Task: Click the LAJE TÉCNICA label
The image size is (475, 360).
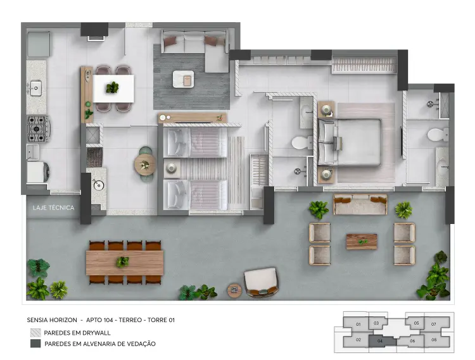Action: tap(53, 208)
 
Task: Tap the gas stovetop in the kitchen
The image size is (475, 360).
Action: tap(38, 129)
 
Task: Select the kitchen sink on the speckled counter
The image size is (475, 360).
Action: tap(35, 88)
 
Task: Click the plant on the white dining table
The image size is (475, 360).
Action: tap(112, 88)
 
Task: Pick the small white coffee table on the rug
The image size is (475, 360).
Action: tap(183, 79)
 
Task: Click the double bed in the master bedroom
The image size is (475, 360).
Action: tap(349, 142)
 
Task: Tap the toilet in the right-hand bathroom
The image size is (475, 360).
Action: tap(438, 135)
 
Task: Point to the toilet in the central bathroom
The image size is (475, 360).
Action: tap(302, 142)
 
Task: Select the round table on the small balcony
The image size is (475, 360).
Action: tap(146, 164)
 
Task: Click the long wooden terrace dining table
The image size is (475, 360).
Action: tap(125, 263)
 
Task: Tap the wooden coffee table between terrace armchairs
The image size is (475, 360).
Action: tap(362, 242)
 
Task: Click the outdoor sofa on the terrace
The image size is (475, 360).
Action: tap(360, 204)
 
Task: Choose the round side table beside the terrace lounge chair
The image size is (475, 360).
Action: tap(234, 290)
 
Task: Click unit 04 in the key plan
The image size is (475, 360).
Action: tap(380, 341)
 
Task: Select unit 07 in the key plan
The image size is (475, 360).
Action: tap(433, 324)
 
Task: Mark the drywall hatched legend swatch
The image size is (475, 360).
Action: tap(35, 333)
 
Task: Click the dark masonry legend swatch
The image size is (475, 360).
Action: tap(35, 344)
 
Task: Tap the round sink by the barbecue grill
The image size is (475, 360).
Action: tap(98, 185)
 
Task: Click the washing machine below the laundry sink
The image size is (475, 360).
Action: tap(38, 173)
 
